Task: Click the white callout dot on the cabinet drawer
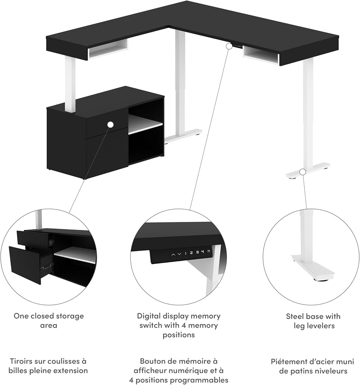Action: click(111, 124)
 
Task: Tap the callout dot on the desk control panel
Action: click(229, 46)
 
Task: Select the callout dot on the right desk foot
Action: click(303, 171)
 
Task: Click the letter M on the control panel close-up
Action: click(209, 252)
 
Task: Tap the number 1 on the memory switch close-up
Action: click(185, 253)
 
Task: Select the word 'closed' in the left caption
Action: click(42, 316)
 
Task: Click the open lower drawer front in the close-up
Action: click(25, 264)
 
